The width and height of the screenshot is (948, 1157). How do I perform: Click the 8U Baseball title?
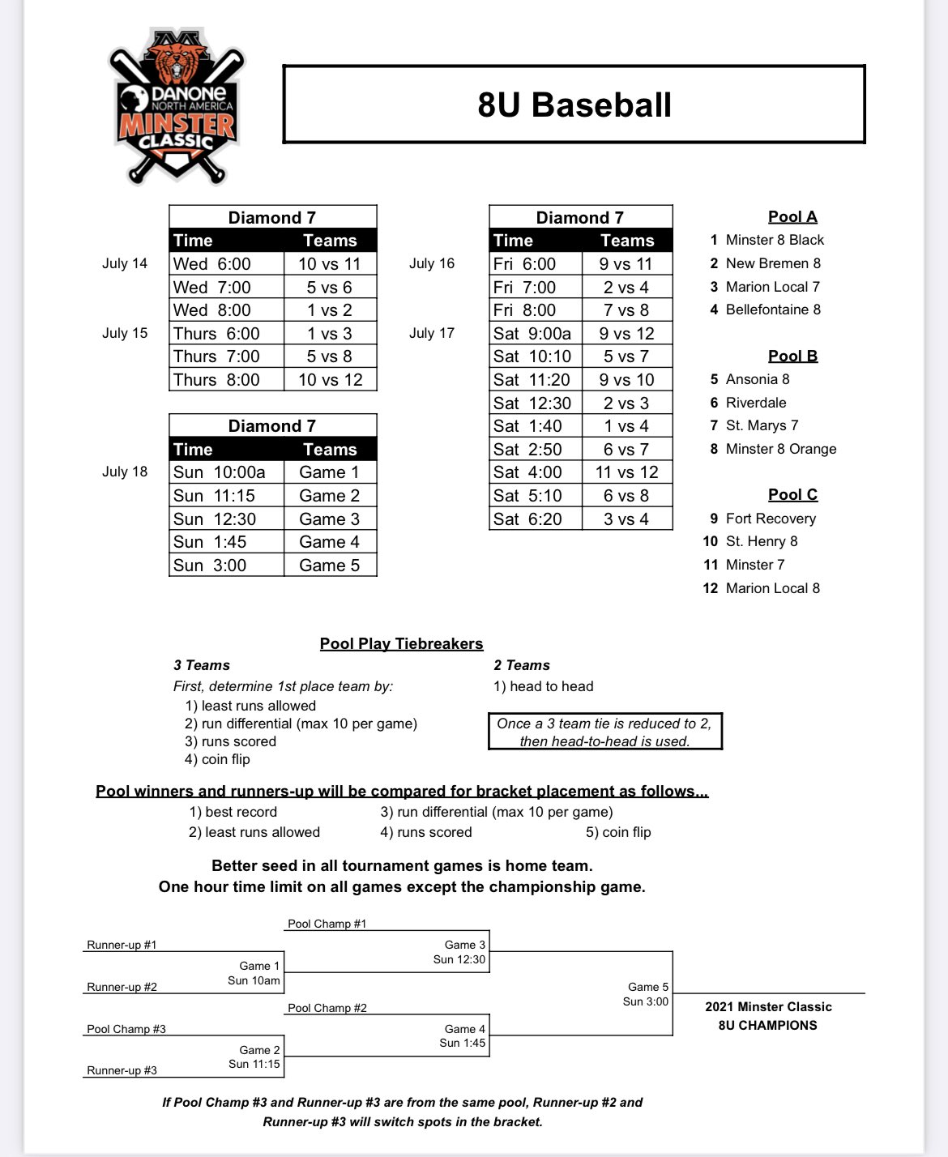coord(574,105)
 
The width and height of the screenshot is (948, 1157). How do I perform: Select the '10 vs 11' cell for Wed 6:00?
coord(329,264)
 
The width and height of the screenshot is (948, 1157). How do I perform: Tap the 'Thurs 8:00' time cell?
coord(216,380)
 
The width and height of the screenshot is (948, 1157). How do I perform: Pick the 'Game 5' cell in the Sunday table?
coord(329,566)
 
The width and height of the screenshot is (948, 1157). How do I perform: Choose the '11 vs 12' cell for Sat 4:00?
coord(626,472)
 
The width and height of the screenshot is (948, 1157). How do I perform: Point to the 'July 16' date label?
coord(432,263)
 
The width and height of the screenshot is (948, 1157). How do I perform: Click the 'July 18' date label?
coord(125,472)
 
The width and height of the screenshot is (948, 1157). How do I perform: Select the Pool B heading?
coord(792,356)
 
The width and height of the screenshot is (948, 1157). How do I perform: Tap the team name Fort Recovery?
coord(771,519)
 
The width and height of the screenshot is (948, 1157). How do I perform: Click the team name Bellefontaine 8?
coord(773,310)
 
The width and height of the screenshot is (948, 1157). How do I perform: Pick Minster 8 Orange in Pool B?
coord(781,449)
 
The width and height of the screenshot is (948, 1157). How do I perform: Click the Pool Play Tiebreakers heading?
coord(401,644)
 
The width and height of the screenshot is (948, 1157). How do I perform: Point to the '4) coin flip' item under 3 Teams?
coord(217,759)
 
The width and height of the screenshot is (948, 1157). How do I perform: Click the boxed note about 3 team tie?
coord(604,732)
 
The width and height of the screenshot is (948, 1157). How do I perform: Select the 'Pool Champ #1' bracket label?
coord(327,924)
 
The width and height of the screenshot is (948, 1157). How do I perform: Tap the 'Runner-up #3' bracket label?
coord(122,1070)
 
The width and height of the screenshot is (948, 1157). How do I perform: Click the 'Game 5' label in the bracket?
coord(647,987)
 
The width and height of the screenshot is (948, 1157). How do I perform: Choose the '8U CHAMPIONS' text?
coord(767,1026)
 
